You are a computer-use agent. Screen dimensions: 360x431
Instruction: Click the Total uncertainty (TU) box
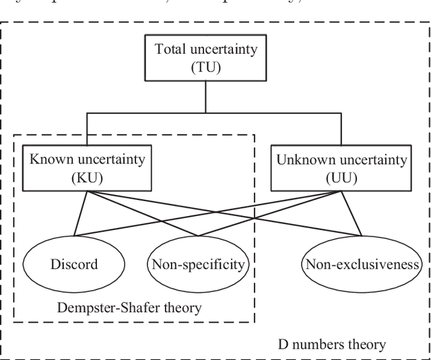click(x=205, y=58)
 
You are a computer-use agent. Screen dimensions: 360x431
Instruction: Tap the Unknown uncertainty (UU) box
click(x=342, y=169)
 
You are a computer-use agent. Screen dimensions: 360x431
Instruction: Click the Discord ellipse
click(x=73, y=264)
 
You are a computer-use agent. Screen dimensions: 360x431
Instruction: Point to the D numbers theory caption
click(x=332, y=345)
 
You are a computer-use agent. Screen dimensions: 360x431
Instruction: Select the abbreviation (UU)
click(x=342, y=178)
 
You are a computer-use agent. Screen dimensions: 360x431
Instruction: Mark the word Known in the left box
click(x=44, y=160)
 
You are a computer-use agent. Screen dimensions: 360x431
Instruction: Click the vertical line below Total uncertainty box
click(x=205, y=96)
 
